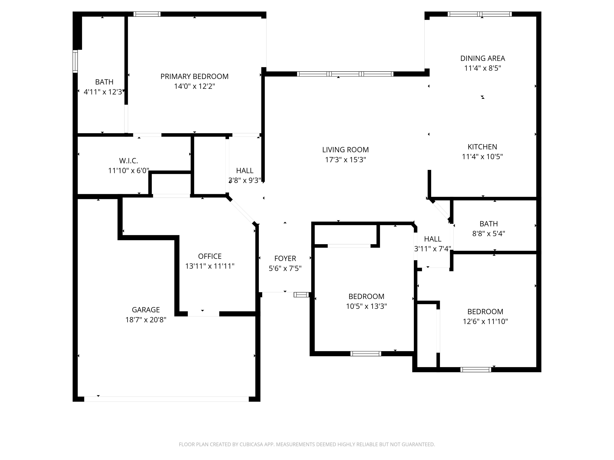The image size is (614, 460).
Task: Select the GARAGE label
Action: [x=146, y=310]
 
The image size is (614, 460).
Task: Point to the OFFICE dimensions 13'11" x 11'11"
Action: [x=210, y=266]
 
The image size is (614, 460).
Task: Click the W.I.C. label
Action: [x=129, y=160]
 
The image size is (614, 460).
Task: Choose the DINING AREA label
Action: [x=482, y=58]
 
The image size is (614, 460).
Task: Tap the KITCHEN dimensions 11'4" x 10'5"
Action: [x=482, y=157]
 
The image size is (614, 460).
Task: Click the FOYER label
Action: [x=285, y=258]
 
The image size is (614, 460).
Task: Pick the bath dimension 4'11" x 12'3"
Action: [x=104, y=92]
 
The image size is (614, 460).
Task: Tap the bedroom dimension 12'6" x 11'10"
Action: [x=485, y=321]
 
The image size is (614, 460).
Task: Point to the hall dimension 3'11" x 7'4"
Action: [x=432, y=249]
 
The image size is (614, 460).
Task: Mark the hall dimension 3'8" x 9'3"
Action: [x=245, y=181]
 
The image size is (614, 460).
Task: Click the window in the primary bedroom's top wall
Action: [x=147, y=14]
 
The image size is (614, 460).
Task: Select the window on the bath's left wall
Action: [x=75, y=61]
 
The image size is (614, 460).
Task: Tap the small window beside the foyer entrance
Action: [x=301, y=295]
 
